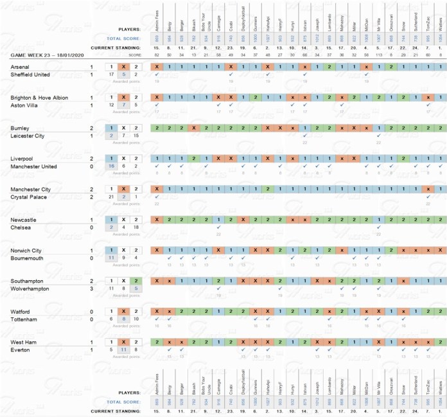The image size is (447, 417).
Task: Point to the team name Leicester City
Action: coord(28,136)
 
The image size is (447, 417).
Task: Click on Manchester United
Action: coord(34,166)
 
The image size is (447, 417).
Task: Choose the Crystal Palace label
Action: coord(28,197)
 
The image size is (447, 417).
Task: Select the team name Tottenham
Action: coord(24,319)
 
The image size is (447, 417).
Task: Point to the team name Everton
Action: coord(21,350)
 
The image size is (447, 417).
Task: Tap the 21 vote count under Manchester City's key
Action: coord(112,197)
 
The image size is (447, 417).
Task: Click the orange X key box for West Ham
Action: coord(123,342)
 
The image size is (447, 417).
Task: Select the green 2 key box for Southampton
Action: coord(135,281)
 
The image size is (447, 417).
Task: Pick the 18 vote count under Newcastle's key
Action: coord(135,227)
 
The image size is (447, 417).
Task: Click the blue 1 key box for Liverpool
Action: coord(112,158)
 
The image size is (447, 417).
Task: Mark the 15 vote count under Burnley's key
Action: coord(135,136)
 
